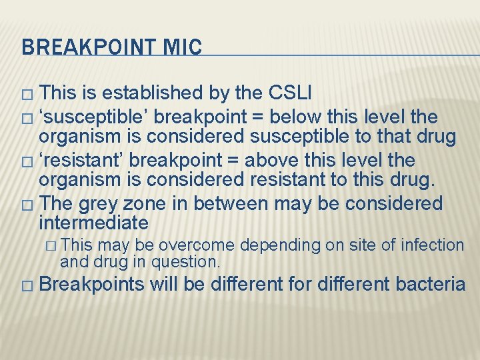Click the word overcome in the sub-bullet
point(203,246)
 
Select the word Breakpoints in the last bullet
point(92,285)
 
